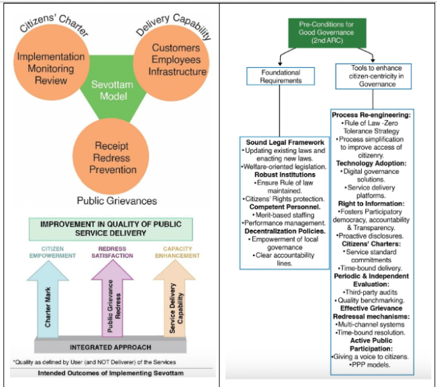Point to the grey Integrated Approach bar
pos(110,347)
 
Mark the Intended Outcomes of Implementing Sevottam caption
pos(111,372)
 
